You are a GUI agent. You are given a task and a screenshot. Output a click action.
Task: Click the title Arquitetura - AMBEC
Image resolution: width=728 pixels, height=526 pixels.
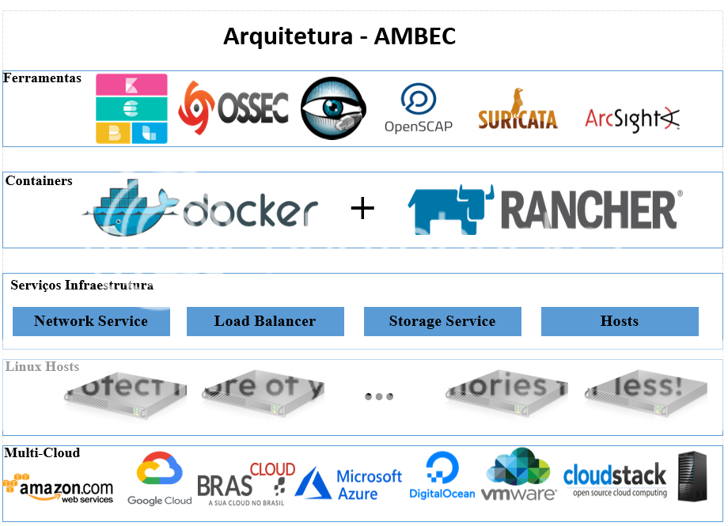339,36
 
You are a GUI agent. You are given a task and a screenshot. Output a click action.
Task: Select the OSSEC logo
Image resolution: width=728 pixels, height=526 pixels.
233,108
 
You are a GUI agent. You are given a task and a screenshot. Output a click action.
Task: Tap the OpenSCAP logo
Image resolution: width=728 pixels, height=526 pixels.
418,108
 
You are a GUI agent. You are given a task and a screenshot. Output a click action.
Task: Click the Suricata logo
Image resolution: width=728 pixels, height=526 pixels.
518,111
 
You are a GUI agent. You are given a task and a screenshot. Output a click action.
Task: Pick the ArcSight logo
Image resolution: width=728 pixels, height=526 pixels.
632,119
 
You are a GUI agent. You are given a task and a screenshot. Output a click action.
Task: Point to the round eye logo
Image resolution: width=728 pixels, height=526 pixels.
333,108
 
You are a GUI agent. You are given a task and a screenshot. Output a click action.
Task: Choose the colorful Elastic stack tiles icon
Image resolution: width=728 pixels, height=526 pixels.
131,109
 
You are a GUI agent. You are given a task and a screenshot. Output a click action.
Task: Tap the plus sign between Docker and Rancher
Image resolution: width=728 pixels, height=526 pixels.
362,209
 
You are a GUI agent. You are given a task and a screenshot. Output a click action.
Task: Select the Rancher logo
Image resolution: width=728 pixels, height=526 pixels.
544,210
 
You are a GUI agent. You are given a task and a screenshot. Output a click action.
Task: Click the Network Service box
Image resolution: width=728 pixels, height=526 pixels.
91,321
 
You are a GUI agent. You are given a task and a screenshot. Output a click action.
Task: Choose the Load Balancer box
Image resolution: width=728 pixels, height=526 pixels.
265,321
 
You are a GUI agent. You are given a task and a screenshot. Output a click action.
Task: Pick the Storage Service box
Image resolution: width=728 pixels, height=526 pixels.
442,321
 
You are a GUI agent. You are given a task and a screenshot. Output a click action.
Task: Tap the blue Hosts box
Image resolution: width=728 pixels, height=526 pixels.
620,321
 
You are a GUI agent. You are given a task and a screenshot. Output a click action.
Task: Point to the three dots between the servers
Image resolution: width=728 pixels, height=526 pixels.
379,396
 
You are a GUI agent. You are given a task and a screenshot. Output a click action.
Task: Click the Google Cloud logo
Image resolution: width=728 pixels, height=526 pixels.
160,479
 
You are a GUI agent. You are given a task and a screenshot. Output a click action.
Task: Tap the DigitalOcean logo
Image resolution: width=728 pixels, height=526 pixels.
442,476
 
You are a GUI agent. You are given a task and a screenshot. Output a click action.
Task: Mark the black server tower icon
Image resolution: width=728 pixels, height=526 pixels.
692,477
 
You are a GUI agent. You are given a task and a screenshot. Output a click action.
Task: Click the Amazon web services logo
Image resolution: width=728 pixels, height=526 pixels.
59,489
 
